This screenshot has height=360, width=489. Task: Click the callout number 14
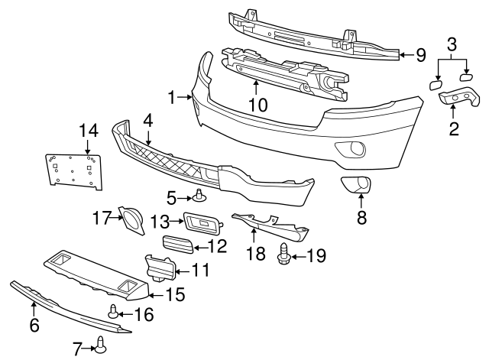point(86,131)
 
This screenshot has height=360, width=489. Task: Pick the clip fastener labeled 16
point(113,311)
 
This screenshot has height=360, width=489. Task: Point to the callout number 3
point(452,43)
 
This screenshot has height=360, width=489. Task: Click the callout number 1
point(173,97)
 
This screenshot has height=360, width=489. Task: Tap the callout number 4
point(147,119)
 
